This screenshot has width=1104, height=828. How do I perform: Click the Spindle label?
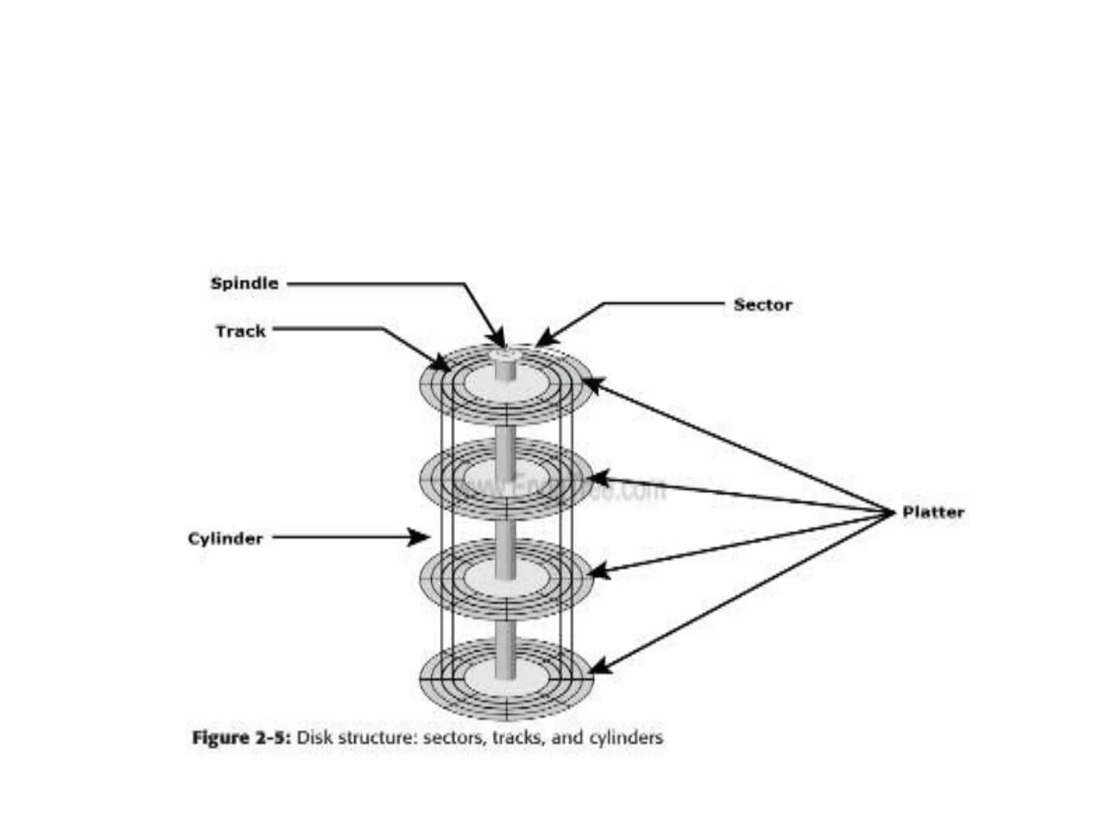[245, 284]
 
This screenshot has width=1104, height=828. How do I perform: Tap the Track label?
[240, 331]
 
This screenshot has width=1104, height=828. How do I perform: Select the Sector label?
[763, 305]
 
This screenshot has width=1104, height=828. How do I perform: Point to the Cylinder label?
[225, 539]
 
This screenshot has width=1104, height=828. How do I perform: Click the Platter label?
[933, 512]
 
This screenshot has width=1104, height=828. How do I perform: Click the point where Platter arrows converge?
[889, 513]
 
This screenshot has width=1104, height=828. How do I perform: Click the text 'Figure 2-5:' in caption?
[241, 737]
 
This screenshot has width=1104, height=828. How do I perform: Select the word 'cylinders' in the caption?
[626, 737]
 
